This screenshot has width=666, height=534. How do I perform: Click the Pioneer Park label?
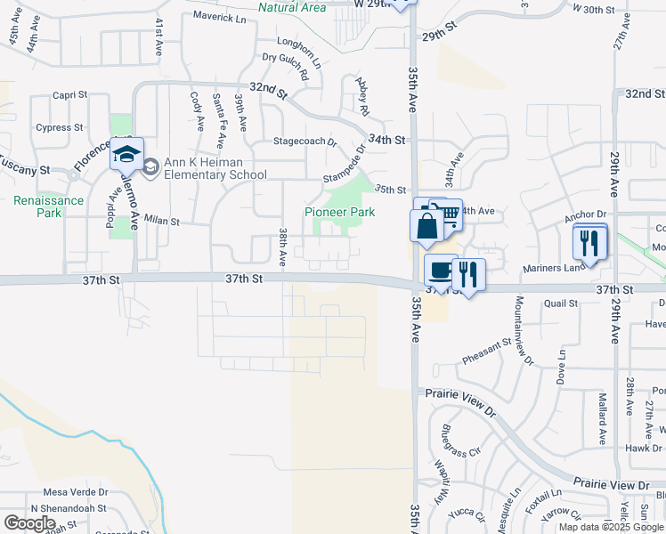click(x=339, y=212)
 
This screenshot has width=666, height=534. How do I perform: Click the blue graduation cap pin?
click(x=126, y=152)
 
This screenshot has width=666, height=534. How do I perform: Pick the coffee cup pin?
click(x=440, y=271)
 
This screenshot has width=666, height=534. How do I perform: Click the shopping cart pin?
click(x=446, y=212)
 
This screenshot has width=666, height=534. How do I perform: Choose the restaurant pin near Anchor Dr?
click(x=589, y=242)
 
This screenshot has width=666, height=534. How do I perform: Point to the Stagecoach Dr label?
click(x=305, y=142)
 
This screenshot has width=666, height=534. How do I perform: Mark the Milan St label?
click(x=162, y=220)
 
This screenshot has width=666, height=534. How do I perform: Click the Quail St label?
click(x=561, y=303)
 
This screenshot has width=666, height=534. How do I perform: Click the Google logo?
click(x=30, y=522)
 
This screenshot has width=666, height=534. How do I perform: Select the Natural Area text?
click(x=291, y=7)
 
